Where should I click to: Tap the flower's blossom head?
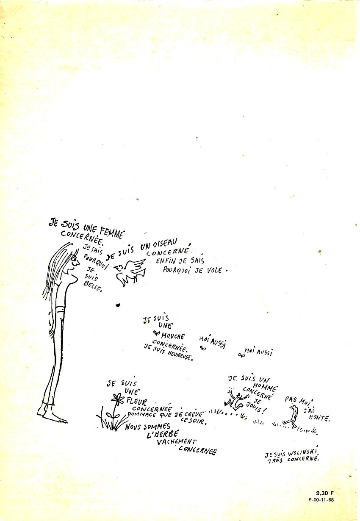(x=117, y=398)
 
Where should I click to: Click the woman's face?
(x=74, y=265)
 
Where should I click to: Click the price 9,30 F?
(x=325, y=493)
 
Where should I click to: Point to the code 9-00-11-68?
(x=322, y=500)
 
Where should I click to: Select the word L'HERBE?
(x=163, y=434)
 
